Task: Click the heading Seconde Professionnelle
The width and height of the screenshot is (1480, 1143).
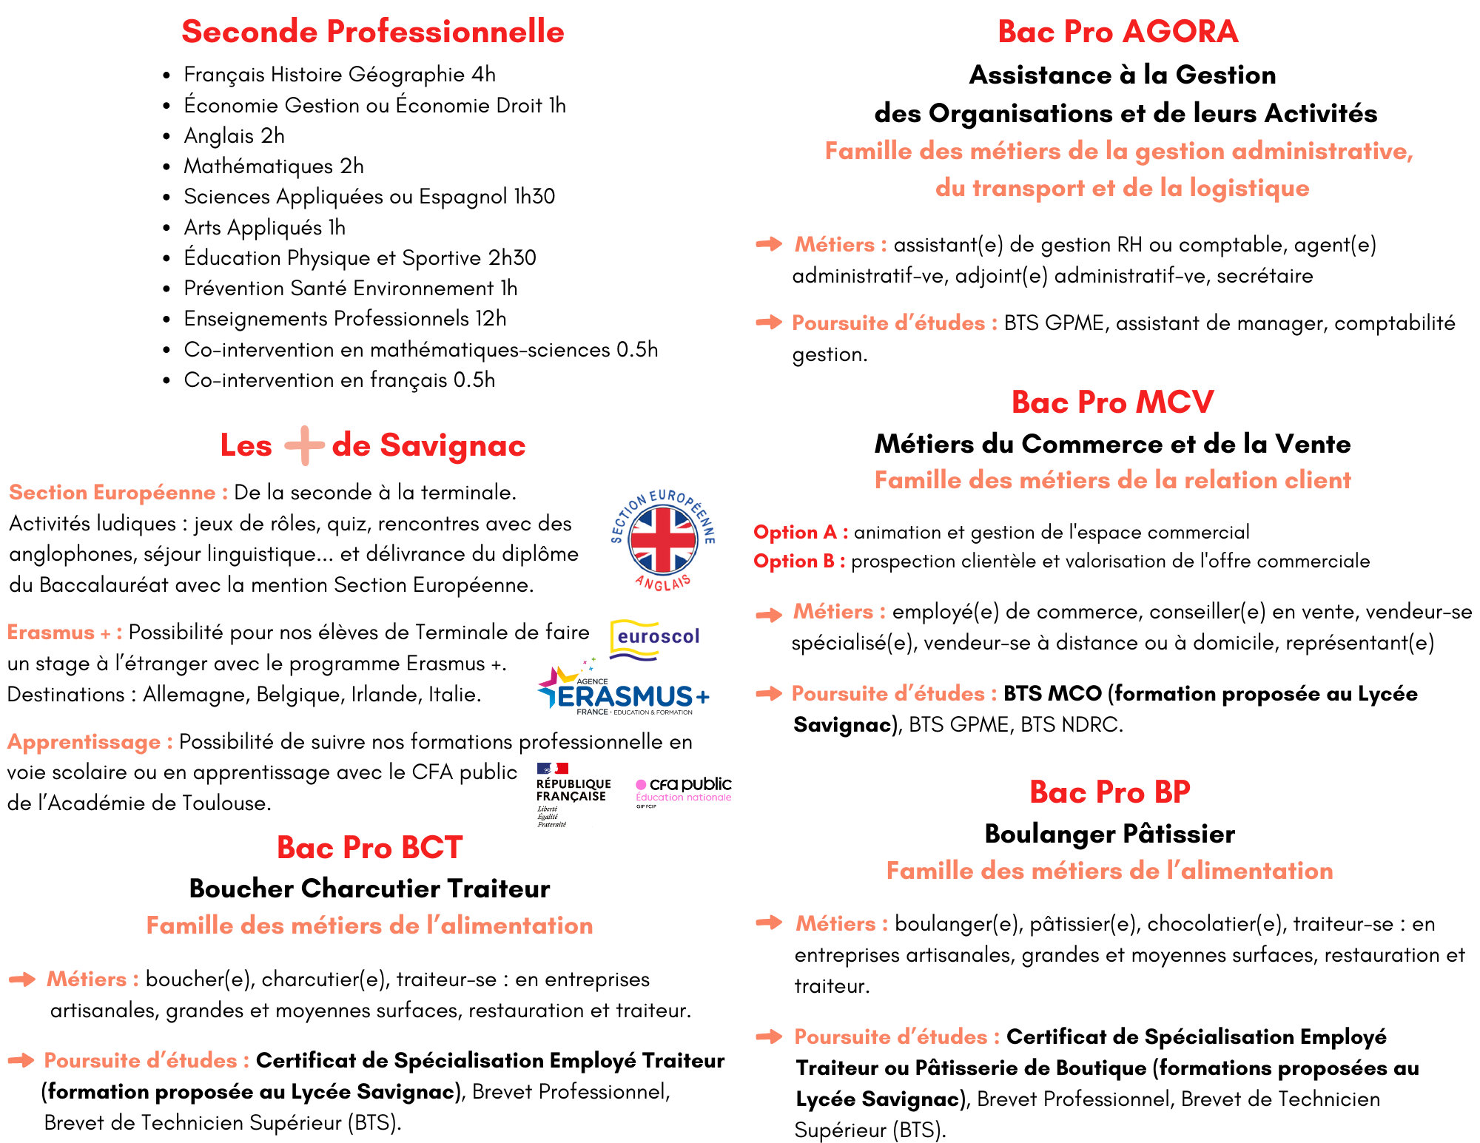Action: pyautogui.click(x=372, y=32)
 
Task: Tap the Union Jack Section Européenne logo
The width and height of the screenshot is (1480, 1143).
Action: pyautogui.click(x=662, y=540)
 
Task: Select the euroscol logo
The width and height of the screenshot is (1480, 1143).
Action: pyautogui.click(x=656, y=638)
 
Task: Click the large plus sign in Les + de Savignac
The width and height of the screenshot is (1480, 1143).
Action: pyautogui.click(x=304, y=445)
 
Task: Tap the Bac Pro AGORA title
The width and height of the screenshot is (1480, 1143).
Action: pyautogui.click(x=1117, y=32)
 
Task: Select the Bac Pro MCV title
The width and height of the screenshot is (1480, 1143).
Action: pyautogui.click(x=1112, y=402)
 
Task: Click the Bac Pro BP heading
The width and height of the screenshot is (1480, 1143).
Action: pyautogui.click(x=1109, y=792)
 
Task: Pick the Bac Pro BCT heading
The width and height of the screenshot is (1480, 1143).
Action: pyautogui.click(x=369, y=848)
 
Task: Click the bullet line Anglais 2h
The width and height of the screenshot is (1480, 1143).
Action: pyautogui.click(x=234, y=136)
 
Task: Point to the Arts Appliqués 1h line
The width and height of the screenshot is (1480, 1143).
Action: pyautogui.click(x=264, y=228)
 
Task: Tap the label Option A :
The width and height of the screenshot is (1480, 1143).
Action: pyautogui.click(x=801, y=533)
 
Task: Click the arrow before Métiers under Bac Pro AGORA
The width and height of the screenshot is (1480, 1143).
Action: pyautogui.click(x=769, y=244)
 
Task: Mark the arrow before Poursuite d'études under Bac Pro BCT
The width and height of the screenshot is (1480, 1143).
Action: pyautogui.click(x=21, y=1060)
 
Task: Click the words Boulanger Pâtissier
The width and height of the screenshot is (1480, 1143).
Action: pyautogui.click(x=1109, y=834)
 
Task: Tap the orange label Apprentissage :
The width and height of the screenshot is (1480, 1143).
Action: pyautogui.click(x=90, y=742)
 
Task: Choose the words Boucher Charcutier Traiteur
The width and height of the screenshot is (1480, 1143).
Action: pyautogui.click(x=369, y=889)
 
